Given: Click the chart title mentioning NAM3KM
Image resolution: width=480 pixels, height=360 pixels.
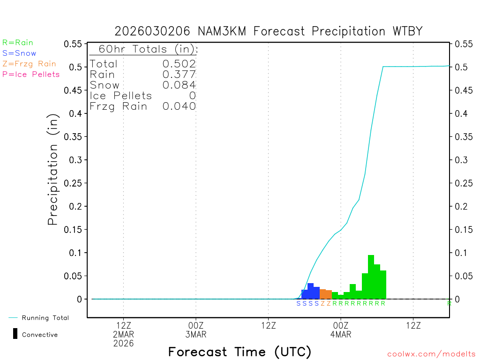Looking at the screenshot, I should (269, 31).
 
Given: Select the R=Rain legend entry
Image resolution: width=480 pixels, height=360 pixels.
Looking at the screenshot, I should (18, 43).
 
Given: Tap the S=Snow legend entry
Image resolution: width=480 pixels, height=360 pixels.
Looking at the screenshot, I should (19, 53).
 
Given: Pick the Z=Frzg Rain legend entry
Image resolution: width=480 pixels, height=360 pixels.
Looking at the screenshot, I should (29, 64).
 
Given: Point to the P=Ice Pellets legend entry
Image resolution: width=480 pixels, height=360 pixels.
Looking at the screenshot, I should (31, 74).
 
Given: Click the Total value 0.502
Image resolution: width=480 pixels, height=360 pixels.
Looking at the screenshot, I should (179, 64).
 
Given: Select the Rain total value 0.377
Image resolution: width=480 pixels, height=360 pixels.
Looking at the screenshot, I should (179, 75).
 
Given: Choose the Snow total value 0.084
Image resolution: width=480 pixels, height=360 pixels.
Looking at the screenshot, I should (179, 85).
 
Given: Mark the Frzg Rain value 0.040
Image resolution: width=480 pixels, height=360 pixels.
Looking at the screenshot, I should (179, 106).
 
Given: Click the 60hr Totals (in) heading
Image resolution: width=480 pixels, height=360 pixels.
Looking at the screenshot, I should (144, 49).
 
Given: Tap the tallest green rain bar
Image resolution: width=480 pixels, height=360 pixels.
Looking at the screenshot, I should (371, 277).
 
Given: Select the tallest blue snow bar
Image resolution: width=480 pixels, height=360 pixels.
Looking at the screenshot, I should (310, 291).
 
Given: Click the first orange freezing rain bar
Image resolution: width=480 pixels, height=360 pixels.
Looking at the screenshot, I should (322, 294).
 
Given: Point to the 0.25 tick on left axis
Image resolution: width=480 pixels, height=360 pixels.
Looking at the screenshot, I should (75, 183).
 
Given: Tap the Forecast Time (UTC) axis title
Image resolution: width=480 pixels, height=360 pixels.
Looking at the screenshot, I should (240, 352).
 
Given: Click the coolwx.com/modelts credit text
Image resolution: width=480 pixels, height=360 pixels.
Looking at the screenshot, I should (431, 354).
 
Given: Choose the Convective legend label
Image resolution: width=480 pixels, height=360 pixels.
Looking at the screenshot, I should (40, 335).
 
